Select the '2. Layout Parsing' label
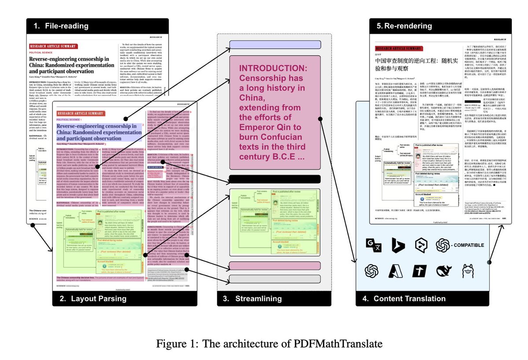[93, 299]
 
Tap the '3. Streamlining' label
[252, 299]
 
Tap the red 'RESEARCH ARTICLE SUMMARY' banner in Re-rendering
[399, 48]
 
